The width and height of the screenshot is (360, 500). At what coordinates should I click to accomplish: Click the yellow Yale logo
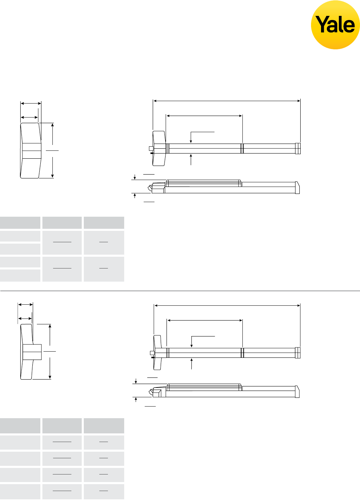pos(335,25)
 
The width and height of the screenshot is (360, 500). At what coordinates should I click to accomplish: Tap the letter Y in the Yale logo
pos(322,25)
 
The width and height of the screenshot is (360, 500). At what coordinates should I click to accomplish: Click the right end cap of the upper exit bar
pos(298,148)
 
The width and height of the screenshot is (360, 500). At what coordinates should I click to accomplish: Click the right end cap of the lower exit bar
pos(298,353)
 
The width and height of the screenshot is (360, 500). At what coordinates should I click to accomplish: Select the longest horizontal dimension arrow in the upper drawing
pos(227,101)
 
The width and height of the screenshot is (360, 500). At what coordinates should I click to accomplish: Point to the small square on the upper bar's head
pos(151,148)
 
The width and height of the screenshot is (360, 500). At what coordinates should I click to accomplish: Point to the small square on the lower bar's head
pos(152,353)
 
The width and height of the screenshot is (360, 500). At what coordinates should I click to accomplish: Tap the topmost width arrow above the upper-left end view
pos(31,103)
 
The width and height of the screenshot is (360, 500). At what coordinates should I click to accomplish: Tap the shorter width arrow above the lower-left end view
pos(25,318)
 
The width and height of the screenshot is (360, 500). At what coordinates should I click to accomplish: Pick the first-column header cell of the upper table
pos(20,223)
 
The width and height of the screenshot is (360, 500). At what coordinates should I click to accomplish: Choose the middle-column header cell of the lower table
pos(62,426)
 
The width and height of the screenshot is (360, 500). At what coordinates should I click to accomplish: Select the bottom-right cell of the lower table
pos(104,491)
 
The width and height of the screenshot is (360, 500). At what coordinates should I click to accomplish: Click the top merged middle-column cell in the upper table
pos(62,243)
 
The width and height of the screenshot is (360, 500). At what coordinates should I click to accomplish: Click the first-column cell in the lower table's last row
pos(20,491)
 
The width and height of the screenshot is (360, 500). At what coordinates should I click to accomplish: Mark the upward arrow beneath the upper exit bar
pos(191,159)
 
